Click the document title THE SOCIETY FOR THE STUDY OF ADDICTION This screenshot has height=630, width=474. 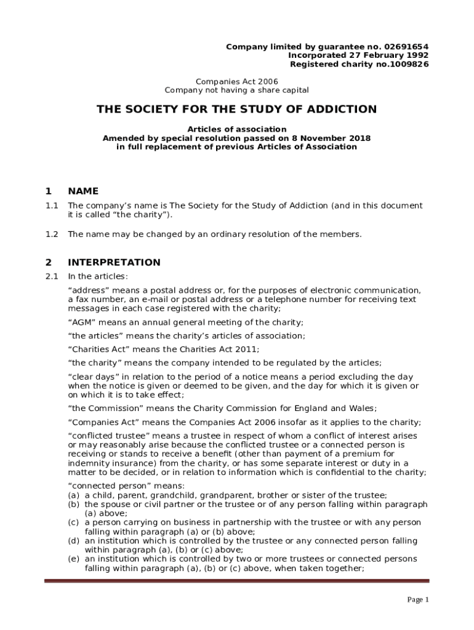[236, 110]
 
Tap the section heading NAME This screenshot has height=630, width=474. [83, 191]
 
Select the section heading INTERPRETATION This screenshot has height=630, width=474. [114, 263]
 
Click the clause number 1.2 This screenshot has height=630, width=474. [52, 234]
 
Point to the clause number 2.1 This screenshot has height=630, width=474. [52, 276]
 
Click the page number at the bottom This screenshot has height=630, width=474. [418, 600]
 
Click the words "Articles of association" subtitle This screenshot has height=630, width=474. [237, 129]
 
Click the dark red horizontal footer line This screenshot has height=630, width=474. [237, 580]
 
